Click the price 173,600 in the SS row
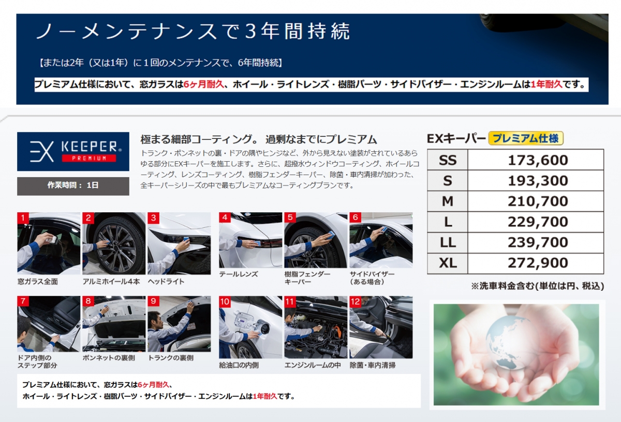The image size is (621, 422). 538,160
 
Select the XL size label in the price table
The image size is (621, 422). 448,263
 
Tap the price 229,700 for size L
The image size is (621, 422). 538,222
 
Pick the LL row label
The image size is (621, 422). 448,242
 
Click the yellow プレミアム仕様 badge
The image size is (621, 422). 526,138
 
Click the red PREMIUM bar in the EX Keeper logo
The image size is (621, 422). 89,158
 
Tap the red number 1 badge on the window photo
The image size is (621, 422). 23,218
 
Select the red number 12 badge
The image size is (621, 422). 355,302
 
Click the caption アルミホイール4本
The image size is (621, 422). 111,282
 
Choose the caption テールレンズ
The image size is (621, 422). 239,274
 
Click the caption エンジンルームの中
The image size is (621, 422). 313,365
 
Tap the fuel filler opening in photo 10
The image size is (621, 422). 263,329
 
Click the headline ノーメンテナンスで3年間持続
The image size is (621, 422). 193,31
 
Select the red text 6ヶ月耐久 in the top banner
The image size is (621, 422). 204,84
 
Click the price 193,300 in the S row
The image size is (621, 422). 538,181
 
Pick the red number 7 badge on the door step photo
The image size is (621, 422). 23,301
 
